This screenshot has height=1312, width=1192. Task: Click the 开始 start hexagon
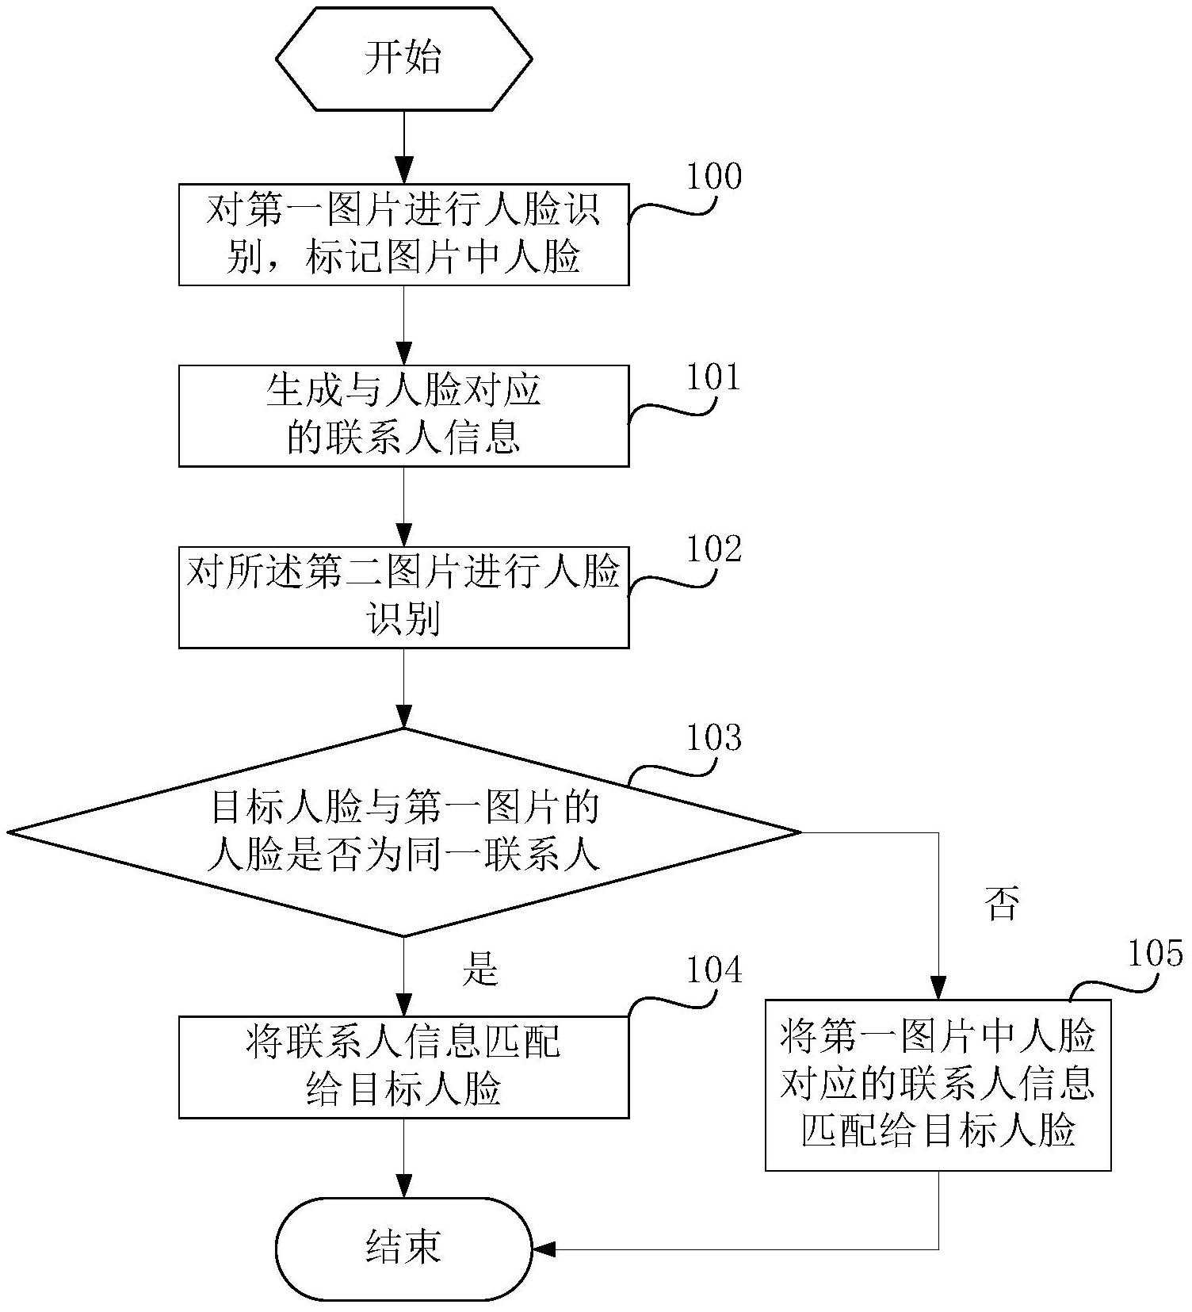click(403, 59)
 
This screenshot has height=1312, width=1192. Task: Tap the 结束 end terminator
click(403, 1249)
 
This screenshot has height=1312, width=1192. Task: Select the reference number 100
click(713, 176)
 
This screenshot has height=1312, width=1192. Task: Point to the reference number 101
click(713, 378)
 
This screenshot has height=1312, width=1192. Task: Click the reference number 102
click(713, 549)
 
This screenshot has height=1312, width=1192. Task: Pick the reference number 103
click(713, 738)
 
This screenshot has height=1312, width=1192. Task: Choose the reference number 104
click(713, 970)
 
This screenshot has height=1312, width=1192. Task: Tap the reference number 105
click(1155, 953)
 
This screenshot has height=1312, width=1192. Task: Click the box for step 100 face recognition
click(403, 235)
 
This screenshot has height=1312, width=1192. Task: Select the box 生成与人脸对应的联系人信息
click(403, 415)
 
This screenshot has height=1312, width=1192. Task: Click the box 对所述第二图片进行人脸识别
click(403, 597)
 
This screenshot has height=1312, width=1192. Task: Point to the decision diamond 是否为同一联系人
click(403, 832)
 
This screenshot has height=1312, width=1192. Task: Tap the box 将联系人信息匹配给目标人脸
click(403, 1067)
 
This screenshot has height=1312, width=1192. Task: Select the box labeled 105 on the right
click(938, 1084)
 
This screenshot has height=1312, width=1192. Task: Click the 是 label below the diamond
click(480, 968)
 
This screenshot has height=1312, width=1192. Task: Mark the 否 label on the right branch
click(1001, 904)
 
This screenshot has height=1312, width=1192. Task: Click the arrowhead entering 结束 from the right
click(544, 1249)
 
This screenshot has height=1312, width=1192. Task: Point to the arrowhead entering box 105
click(938, 989)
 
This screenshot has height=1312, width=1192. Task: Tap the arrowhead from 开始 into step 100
click(404, 172)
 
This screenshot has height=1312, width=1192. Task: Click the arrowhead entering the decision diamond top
click(404, 717)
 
